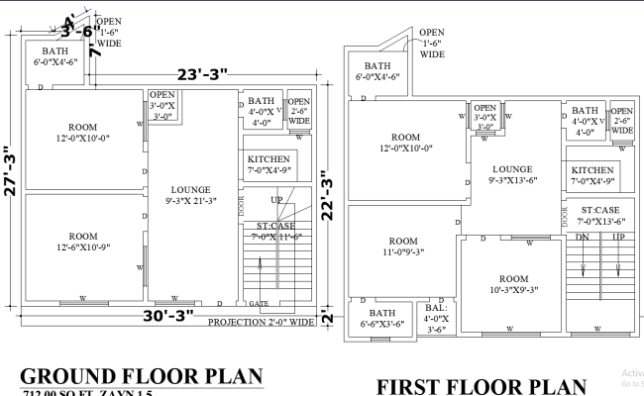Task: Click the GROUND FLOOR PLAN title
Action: pyautogui.click(x=142, y=376)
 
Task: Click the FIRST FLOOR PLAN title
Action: pyautogui.click(x=483, y=385)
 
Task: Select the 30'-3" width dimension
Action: pyautogui.click(x=166, y=316)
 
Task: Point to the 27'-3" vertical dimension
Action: pyautogui.click(x=10, y=172)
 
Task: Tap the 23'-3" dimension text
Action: pyautogui.click(x=203, y=74)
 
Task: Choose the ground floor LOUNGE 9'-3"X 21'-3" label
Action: pyautogui.click(x=191, y=195)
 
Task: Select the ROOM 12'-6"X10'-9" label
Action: pyautogui.click(x=83, y=242)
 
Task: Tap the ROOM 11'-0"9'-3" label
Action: pyautogui.click(x=403, y=247)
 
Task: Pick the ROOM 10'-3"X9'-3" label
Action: pyautogui.click(x=513, y=284)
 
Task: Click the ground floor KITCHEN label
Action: pyautogui.click(x=268, y=164)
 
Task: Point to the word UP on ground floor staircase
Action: pyautogui.click(x=276, y=201)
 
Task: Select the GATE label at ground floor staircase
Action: pyautogui.click(x=259, y=304)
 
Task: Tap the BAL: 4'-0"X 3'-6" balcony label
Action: pyautogui.click(x=436, y=318)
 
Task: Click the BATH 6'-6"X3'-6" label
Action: pyautogui.click(x=381, y=318)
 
